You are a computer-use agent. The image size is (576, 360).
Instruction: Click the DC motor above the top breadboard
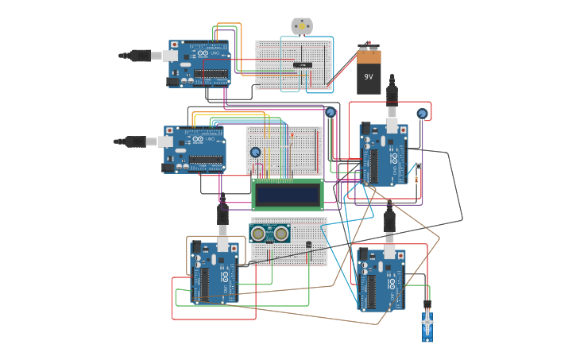tap(302, 26)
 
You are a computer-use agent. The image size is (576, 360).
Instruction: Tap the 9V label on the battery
tap(369, 77)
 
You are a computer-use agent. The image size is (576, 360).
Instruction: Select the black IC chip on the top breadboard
tap(302, 64)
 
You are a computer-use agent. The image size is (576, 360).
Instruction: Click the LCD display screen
tap(287, 194)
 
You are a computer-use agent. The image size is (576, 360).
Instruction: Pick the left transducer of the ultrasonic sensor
tap(259, 233)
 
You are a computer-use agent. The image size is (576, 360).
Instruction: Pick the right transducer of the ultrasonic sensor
tap(281, 233)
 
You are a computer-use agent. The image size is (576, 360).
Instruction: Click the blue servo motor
tap(427, 327)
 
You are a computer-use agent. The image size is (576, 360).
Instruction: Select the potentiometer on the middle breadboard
tap(255, 153)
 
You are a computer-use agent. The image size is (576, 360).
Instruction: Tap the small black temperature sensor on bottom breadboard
tap(309, 245)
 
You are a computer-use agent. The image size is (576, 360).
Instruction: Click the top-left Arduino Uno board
tap(199, 63)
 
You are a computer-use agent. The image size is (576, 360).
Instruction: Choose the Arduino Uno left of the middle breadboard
tap(195, 149)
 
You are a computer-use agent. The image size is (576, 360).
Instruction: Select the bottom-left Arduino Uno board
tap(215, 273)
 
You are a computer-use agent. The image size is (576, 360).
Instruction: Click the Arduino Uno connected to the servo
tap(382, 280)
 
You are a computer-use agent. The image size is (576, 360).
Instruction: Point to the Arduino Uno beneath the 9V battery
tap(385, 154)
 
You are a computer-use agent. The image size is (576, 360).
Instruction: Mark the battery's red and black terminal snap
tap(367, 46)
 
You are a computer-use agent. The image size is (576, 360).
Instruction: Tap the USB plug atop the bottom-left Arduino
tap(222, 216)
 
